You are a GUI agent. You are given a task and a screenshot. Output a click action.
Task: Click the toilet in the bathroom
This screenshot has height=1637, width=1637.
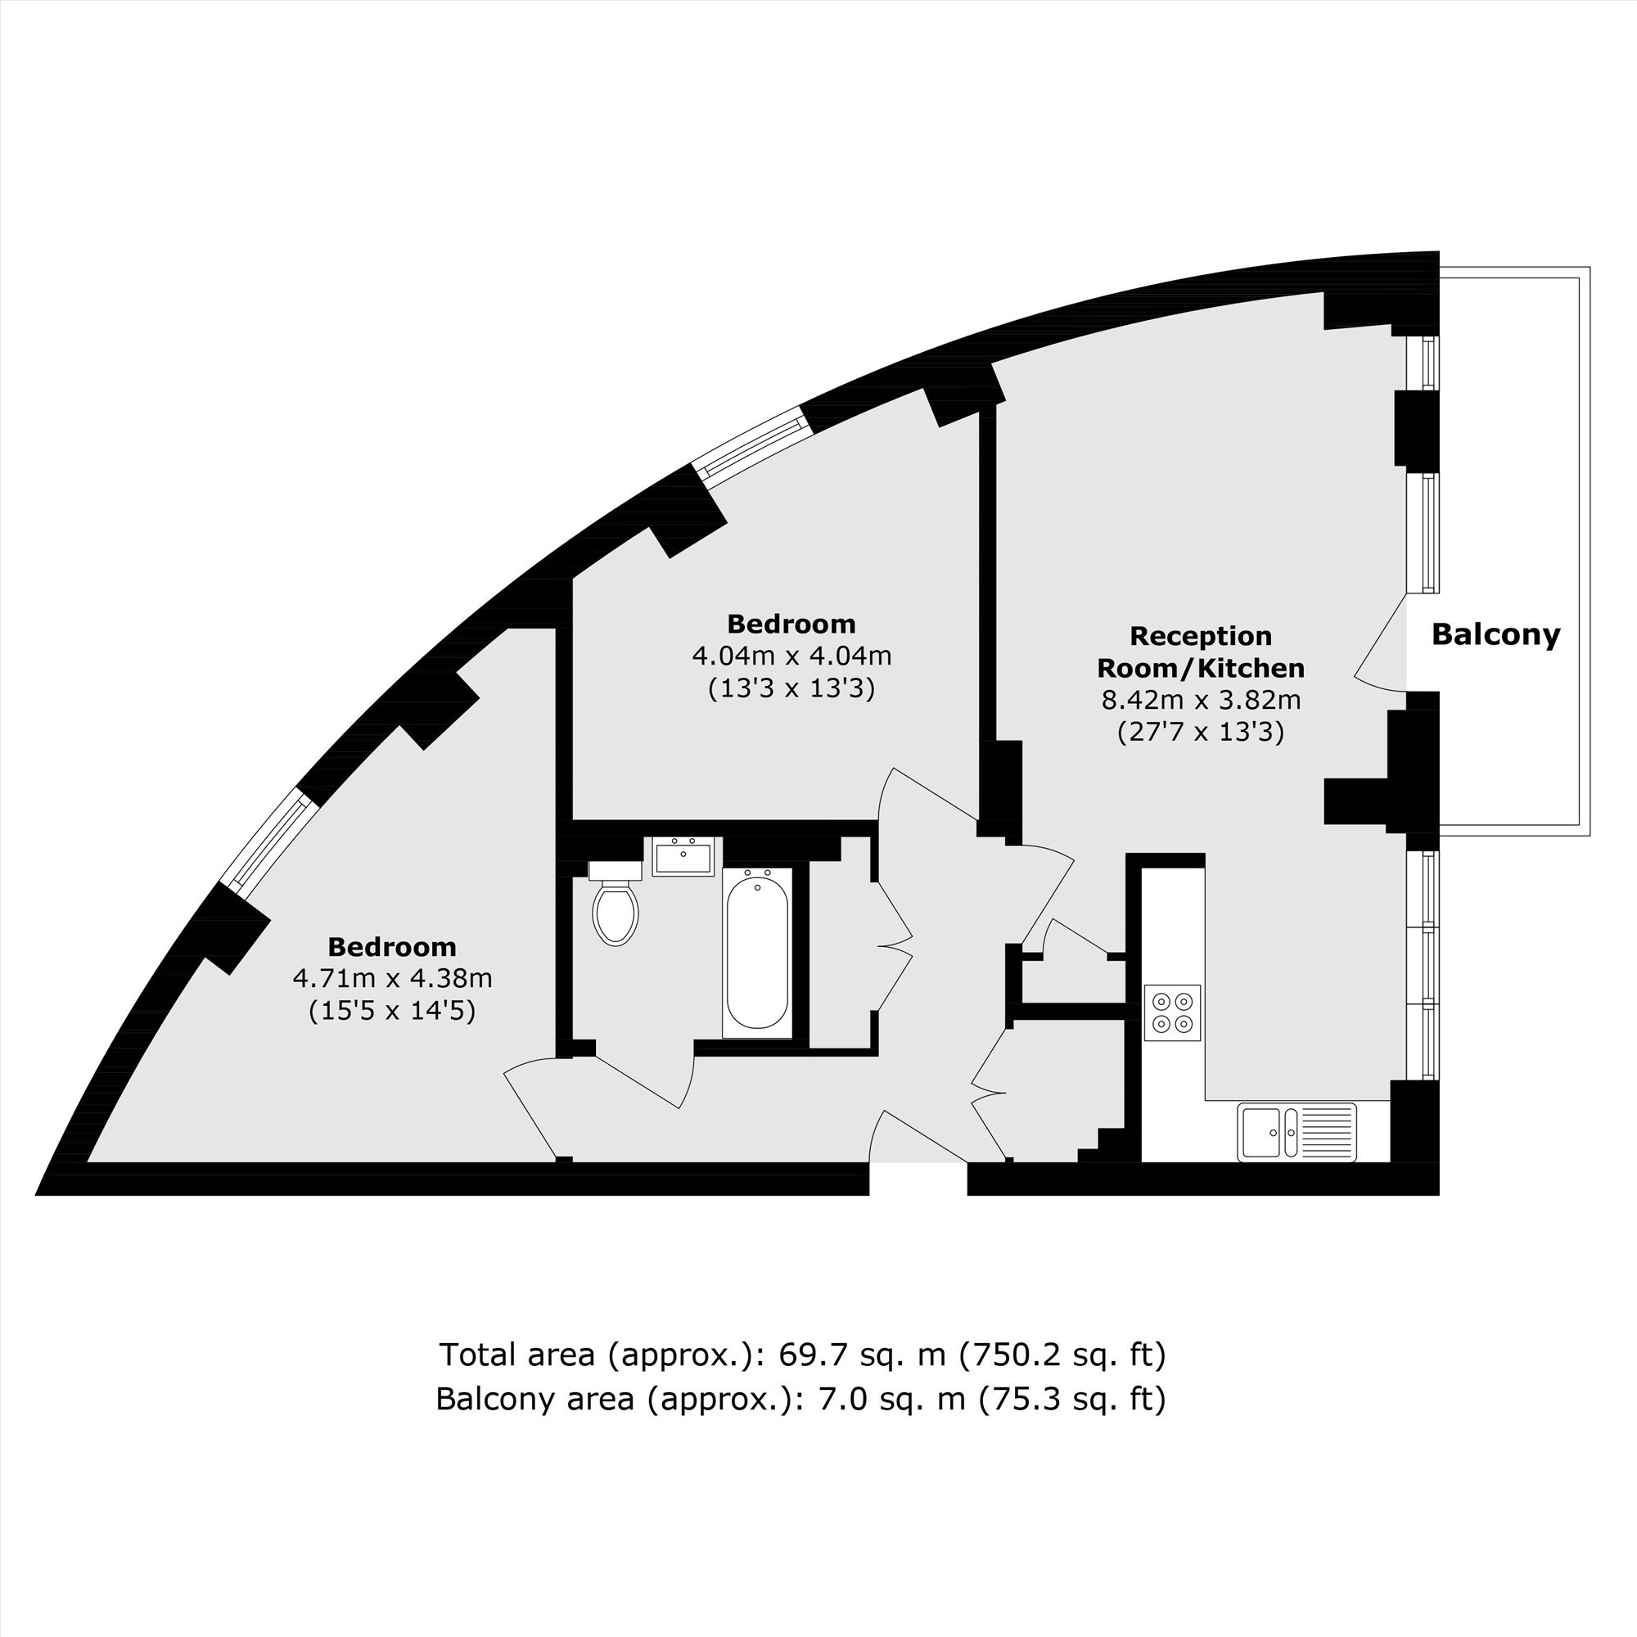[616, 902]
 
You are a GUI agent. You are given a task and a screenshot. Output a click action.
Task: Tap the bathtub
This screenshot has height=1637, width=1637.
[757, 953]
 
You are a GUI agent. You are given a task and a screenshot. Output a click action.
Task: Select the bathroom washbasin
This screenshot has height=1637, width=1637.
[683, 857]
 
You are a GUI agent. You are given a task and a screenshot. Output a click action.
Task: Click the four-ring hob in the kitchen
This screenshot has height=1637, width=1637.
[1173, 1012]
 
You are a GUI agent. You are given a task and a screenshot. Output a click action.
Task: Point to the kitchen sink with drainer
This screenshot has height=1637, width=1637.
[1297, 1131]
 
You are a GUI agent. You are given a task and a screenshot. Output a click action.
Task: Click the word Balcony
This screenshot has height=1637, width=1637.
[1495, 634]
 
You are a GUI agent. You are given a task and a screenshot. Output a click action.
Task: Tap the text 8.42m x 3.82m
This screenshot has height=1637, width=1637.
[1201, 700]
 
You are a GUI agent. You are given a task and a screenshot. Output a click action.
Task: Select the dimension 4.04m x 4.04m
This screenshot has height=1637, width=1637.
[791, 656]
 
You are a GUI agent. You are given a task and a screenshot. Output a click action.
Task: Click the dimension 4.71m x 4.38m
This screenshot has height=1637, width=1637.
[392, 978]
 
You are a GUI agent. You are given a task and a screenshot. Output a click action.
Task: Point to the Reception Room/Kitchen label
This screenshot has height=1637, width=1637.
[1201, 652]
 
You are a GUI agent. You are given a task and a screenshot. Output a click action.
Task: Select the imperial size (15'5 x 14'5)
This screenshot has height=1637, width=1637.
[392, 1010]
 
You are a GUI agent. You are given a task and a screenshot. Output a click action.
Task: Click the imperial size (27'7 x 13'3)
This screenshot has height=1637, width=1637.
[1201, 731]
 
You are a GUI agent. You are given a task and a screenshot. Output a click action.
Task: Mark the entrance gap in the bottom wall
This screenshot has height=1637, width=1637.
[918, 1179]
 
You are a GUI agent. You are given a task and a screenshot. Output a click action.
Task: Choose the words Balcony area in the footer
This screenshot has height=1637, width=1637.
[534, 1399]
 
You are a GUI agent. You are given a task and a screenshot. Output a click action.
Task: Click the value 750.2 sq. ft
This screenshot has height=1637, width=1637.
[1062, 1355]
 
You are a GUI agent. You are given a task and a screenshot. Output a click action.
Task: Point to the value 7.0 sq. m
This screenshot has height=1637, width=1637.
[892, 1399]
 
